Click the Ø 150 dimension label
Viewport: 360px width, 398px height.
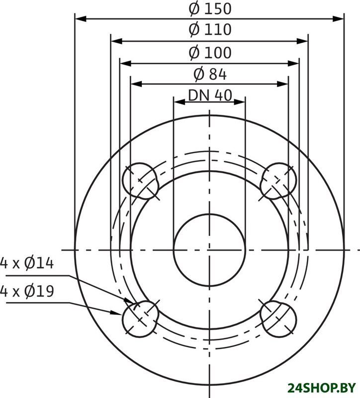click(210, 9)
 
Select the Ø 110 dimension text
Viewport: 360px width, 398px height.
click(210, 29)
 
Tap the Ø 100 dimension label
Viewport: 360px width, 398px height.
click(210, 53)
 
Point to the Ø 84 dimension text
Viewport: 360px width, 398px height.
click(210, 74)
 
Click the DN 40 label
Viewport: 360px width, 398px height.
click(210, 96)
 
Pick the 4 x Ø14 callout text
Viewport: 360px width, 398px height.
click(27, 263)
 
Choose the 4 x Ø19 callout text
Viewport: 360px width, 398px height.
click(27, 291)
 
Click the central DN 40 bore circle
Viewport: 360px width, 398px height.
click(209, 250)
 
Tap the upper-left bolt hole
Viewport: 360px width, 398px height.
click(140, 181)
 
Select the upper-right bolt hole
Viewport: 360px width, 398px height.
click(278, 181)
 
